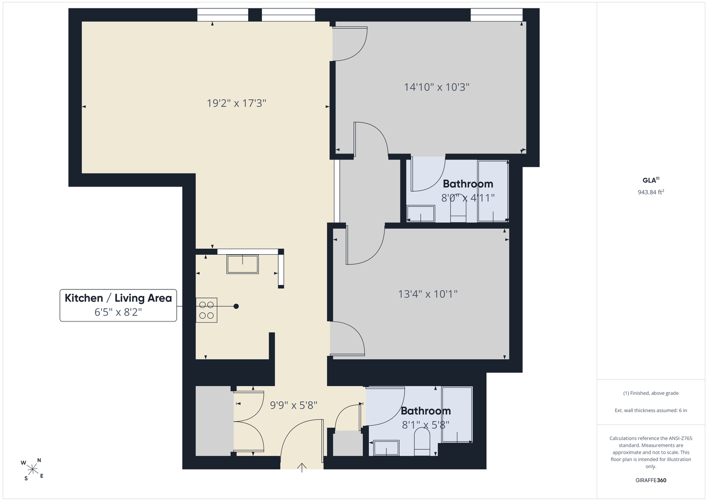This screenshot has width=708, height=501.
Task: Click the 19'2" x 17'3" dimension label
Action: (x=236, y=103)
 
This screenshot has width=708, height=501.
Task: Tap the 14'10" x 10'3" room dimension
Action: (x=436, y=87)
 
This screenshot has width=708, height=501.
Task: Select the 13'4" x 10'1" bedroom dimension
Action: (x=427, y=294)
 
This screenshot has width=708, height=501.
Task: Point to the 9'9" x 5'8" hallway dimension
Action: (x=293, y=405)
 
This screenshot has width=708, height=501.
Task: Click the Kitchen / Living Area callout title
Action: (x=118, y=298)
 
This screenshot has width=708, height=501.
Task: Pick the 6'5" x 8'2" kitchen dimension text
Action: (x=118, y=312)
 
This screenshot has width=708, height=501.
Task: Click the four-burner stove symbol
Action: (x=206, y=310)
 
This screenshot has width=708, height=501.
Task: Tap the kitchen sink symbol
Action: (x=242, y=264)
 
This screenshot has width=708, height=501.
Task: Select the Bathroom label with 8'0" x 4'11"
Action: (x=468, y=184)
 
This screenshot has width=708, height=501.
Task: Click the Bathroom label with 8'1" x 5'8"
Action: (x=426, y=411)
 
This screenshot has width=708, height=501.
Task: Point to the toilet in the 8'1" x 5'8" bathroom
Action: (x=422, y=442)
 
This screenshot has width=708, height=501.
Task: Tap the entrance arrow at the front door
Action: (x=302, y=468)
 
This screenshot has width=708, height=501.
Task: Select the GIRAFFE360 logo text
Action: (x=651, y=480)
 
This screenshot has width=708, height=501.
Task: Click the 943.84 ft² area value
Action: (x=651, y=192)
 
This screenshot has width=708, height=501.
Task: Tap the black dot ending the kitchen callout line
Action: (x=236, y=306)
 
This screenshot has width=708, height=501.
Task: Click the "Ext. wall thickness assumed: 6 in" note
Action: (x=651, y=410)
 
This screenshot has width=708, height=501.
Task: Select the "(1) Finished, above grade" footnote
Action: (x=651, y=393)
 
